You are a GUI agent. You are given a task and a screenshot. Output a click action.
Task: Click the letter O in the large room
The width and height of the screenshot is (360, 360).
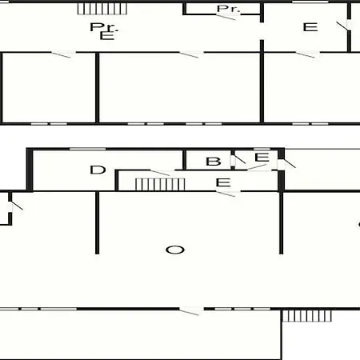(x=175, y=250)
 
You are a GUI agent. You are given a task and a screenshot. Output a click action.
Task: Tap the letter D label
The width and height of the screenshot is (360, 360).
(x=98, y=170)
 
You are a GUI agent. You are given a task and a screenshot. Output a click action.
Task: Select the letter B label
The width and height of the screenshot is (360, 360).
(x=214, y=162)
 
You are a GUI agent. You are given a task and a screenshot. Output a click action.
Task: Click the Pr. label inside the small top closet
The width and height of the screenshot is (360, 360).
(x=228, y=9)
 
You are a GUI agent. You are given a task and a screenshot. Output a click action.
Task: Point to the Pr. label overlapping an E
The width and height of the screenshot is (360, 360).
(x=104, y=27)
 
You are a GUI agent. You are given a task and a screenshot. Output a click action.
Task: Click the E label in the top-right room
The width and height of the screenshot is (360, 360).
(x=310, y=27)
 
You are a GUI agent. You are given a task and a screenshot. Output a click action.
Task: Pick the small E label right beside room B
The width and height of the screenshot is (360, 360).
(x=262, y=157)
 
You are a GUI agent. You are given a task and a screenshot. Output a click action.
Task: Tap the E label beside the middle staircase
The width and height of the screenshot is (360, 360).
(x=223, y=182)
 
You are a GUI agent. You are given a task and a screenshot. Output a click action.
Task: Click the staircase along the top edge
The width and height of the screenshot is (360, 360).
(x=102, y=9)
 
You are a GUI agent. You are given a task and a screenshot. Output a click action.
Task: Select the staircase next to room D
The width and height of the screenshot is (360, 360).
(x=160, y=184)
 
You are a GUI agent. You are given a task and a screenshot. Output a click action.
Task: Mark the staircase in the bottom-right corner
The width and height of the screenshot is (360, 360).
(x=307, y=316)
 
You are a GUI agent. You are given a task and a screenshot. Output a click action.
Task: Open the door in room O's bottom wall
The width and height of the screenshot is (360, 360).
(x=191, y=311)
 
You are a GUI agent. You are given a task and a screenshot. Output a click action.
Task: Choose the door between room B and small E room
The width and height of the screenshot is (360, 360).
(x=238, y=159)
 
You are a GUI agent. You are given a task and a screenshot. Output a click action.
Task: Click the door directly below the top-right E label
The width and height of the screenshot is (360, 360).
(x=307, y=54)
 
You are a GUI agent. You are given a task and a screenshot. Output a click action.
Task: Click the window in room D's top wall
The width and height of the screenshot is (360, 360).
(x=88, y=149)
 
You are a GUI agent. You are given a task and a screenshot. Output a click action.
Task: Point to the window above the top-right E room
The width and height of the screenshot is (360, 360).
(x=310, y=2)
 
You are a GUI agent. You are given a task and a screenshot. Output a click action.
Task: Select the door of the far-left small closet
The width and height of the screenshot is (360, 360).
(x=15, y=206)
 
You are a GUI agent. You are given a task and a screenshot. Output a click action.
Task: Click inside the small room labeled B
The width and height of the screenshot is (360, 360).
(x=208, y=160)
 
